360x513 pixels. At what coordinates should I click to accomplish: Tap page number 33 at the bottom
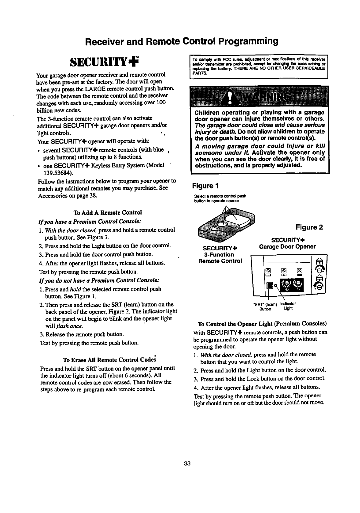(x=187, y=463)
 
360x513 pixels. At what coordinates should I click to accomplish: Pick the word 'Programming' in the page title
(x=247, y=41)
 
